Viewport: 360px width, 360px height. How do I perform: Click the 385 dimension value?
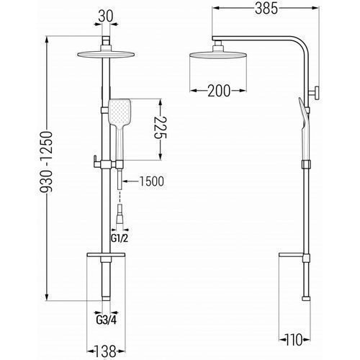tap(266, 9)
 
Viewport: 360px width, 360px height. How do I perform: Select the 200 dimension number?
tap(219, 91)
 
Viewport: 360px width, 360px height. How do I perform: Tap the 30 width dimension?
tap(106, 17)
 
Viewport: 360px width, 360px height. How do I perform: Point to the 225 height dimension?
tap(161, 127)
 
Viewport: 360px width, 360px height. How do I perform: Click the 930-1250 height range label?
tap(46, 162)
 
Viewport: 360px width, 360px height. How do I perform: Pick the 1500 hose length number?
tap(152, 181)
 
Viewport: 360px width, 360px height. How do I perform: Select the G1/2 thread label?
tap(120, 238)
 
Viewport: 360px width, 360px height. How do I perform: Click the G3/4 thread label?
tap(107, 320)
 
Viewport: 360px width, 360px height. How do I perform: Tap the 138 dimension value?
tap(105, 351)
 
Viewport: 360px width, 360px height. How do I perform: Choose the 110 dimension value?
tap(294, 340)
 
